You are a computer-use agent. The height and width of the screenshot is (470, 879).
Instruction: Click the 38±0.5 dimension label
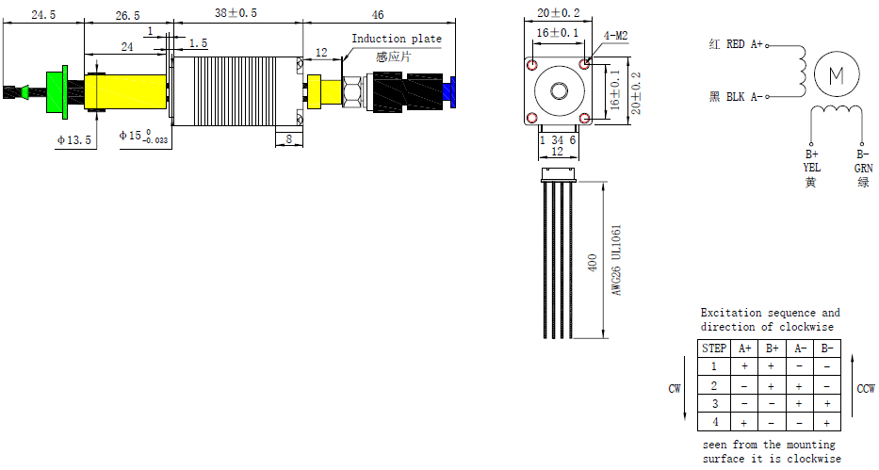point(235,13)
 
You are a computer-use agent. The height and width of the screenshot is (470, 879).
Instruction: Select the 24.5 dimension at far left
point(43,14)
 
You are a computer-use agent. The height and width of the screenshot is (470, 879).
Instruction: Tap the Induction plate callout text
point(396,39)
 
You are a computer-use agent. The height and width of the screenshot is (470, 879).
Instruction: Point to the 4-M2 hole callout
point(615,37)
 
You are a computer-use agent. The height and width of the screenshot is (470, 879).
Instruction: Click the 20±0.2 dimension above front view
point(559,13)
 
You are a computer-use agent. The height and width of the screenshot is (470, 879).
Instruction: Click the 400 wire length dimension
point(592,262)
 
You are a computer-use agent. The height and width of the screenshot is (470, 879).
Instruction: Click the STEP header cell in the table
point(714,348)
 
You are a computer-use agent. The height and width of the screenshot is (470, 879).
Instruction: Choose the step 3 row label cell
point(714,404)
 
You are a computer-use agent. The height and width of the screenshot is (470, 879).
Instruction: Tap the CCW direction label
point(865,389)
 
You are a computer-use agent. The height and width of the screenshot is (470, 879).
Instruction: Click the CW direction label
point(675,388)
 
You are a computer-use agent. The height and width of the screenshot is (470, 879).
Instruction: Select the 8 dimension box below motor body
point(287,138)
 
